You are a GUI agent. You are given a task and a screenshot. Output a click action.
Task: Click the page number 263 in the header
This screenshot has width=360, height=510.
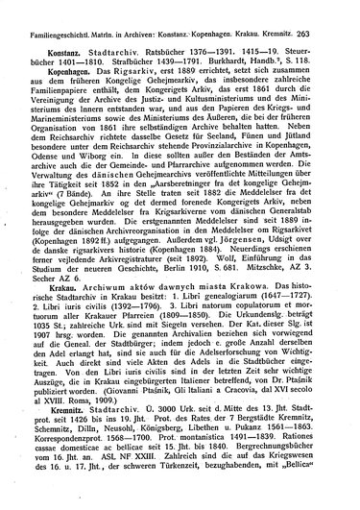[342, 9]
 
